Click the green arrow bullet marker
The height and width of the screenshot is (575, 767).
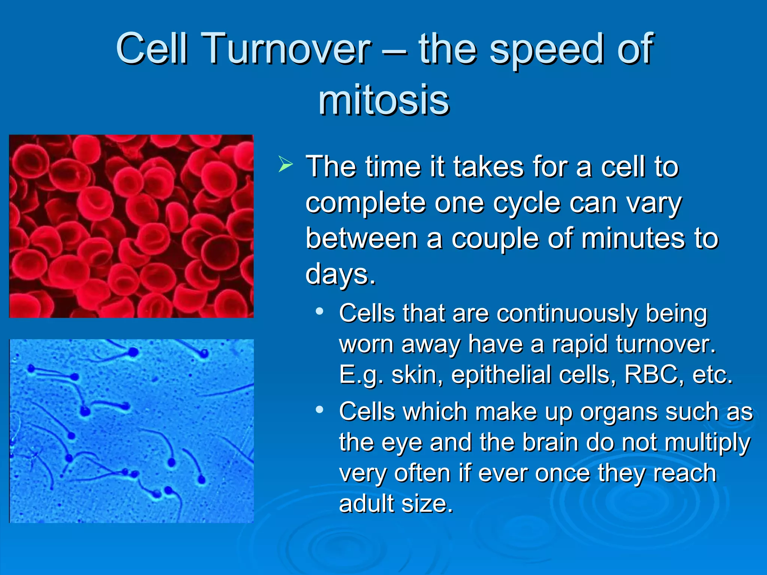click(285, 165)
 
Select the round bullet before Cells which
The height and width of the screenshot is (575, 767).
click(319, 410)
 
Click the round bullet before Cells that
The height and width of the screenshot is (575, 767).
click(319, 311)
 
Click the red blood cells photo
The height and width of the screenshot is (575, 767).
click(131, 226)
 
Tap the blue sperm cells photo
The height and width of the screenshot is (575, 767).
click(131, 431)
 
